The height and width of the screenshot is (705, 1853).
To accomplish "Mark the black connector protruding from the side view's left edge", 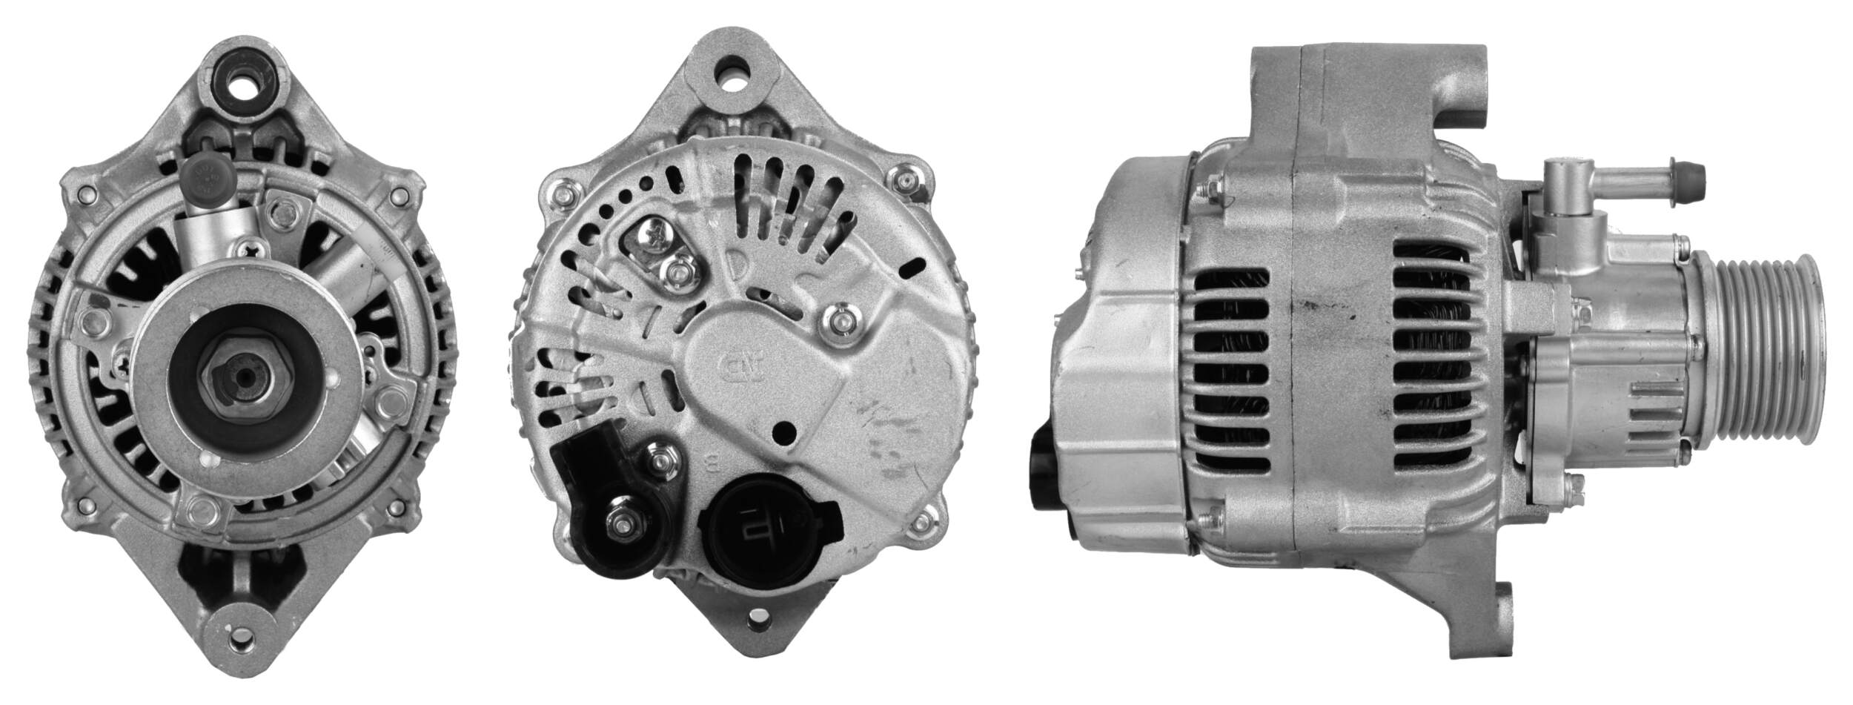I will [x=1042, y=475].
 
